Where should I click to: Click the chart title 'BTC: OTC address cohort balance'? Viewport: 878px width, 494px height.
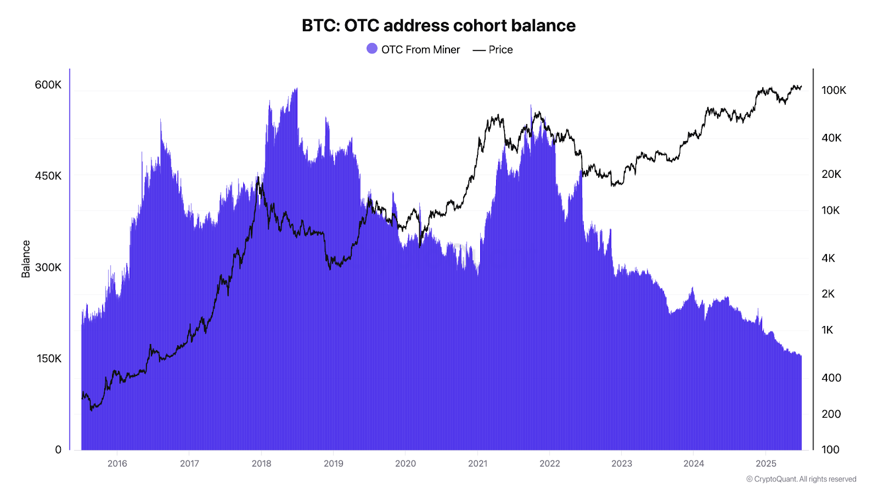[x=438, y=25]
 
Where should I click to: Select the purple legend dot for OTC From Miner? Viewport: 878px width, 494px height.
[x=372, y=49]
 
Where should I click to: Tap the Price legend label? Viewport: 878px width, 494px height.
[x=500, y=49]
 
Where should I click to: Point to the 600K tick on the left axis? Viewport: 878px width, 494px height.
[x=48, y=85]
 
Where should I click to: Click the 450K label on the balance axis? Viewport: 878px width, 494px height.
[x=48, y=176]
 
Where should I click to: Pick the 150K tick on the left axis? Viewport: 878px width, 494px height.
[x=49, y=358]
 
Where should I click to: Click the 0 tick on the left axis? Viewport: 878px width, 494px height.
[x=58, y=450]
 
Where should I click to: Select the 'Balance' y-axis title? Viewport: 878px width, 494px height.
[x=26, y=259]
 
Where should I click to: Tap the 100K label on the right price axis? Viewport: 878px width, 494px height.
[x=834, y=90]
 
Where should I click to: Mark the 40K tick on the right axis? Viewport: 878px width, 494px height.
[x=831, y=138]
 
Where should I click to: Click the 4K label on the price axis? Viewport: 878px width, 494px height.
[x=828, y=258]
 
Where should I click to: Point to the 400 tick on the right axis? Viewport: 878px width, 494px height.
[x=831, y=378]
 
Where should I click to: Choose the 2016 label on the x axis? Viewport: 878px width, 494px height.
[x=117, y=463]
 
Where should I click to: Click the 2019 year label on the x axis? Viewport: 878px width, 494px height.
[x=333, y=463]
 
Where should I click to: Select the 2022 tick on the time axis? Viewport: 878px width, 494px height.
[x=549, y=463]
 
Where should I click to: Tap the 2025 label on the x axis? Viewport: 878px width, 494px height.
[x=766, y=463]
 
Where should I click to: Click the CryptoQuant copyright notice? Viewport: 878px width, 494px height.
[x=801, y=479]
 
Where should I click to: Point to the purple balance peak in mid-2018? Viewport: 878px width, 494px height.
[x=296, y=89]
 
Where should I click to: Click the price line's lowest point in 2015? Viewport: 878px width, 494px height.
[x=91, y=409]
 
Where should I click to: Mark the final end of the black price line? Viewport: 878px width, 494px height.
[x=801, y=86]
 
